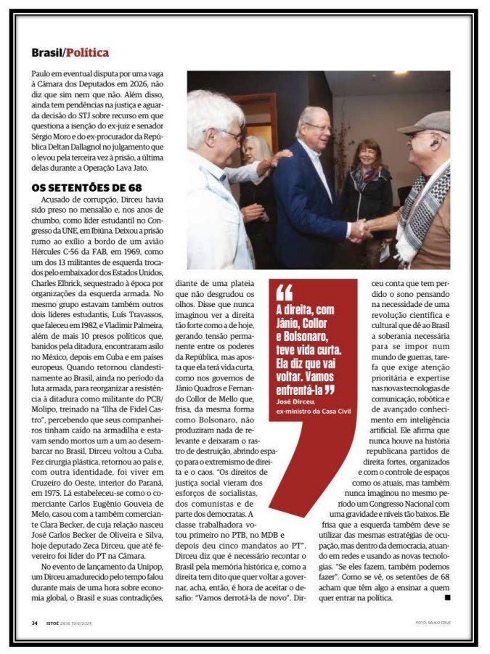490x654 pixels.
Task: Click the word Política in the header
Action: (88, 52)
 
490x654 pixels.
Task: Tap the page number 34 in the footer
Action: (34, 623)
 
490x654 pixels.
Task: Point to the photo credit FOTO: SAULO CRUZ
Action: (433, 623)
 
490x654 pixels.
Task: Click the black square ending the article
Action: (447, 597)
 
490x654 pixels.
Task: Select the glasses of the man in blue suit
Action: (317, 127)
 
